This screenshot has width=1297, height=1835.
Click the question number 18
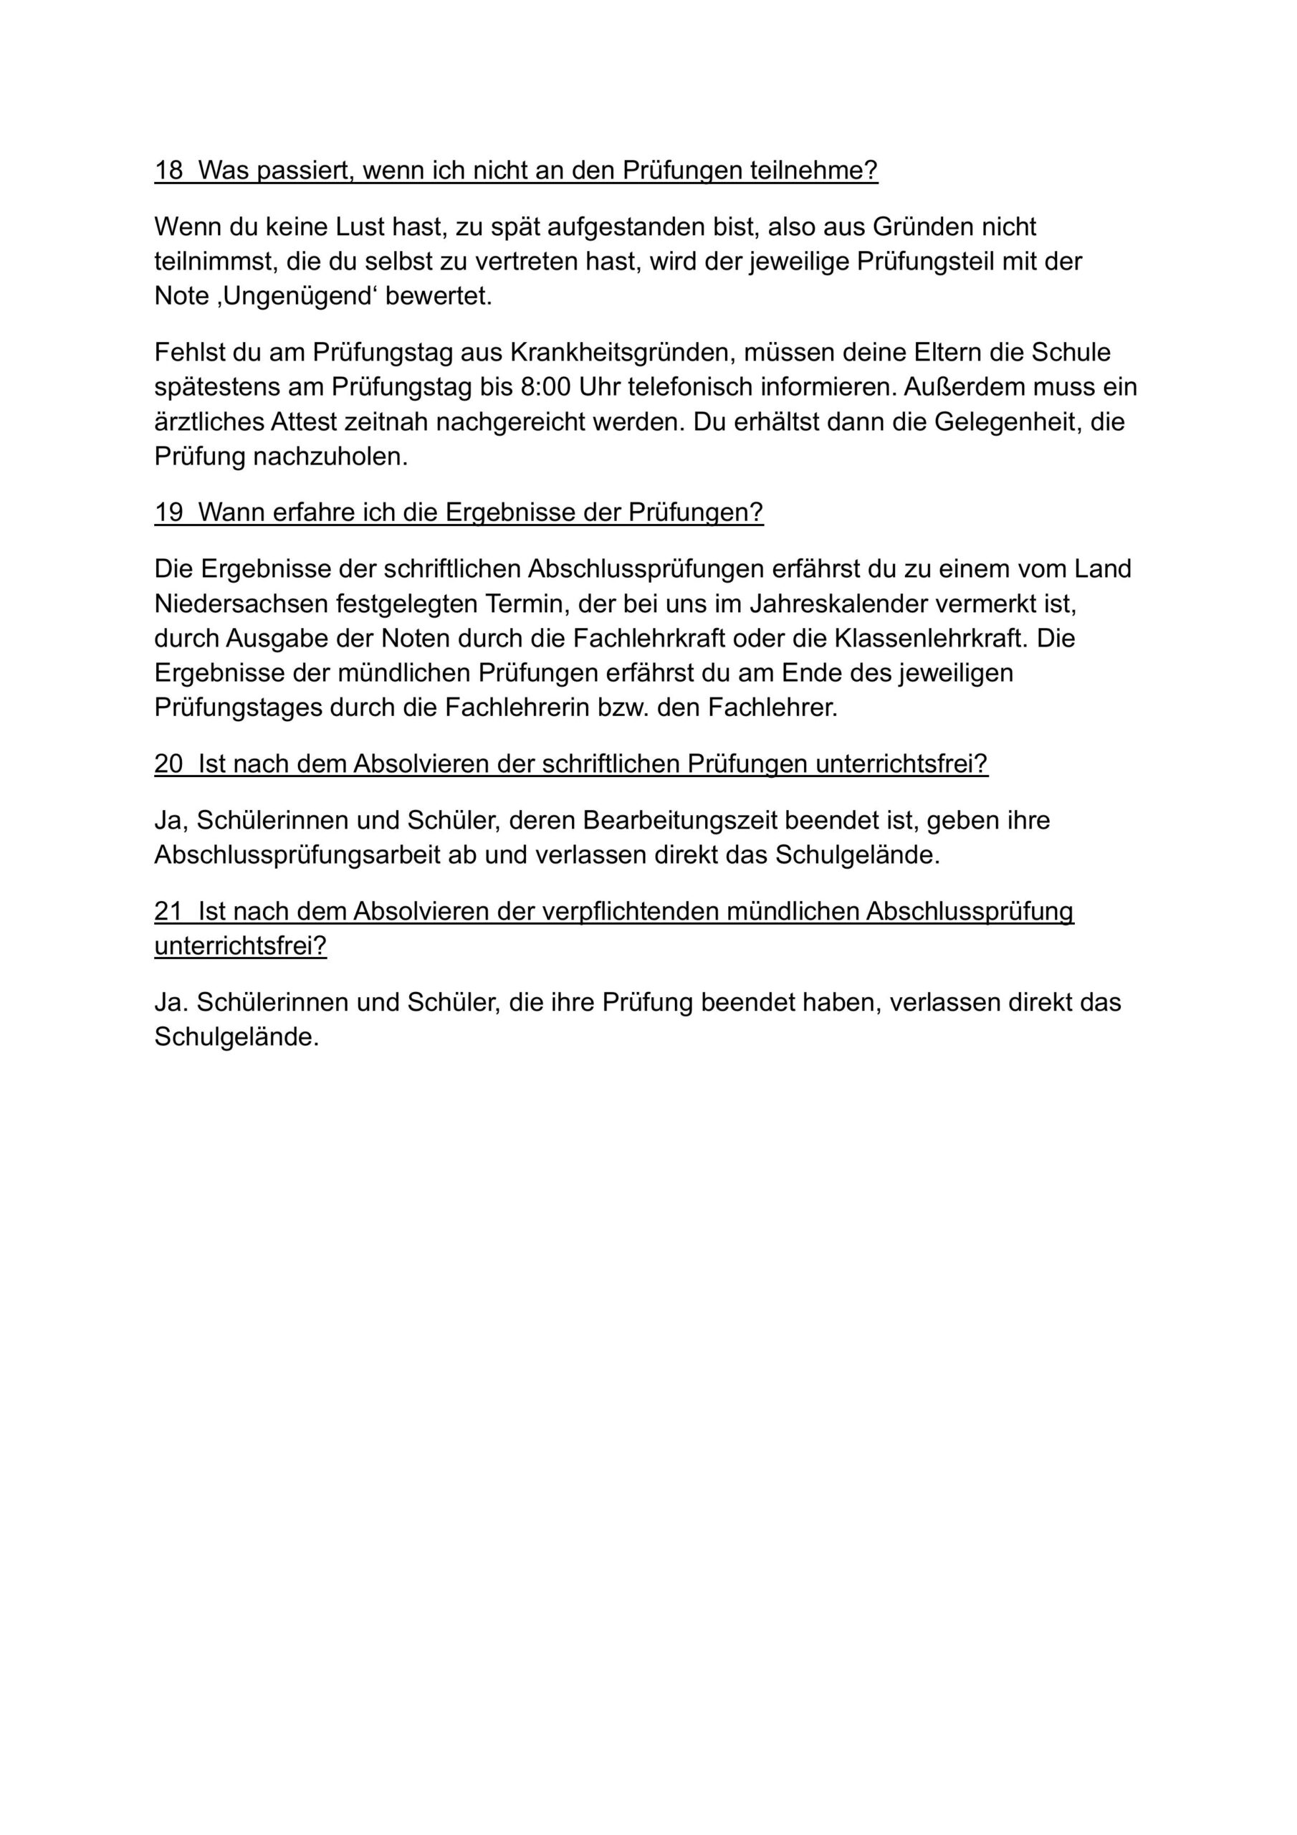[168, 170]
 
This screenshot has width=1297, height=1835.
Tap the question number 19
[168, 513]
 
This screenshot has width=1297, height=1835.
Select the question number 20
[168, 764]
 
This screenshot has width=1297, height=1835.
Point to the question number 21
[168, 911]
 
